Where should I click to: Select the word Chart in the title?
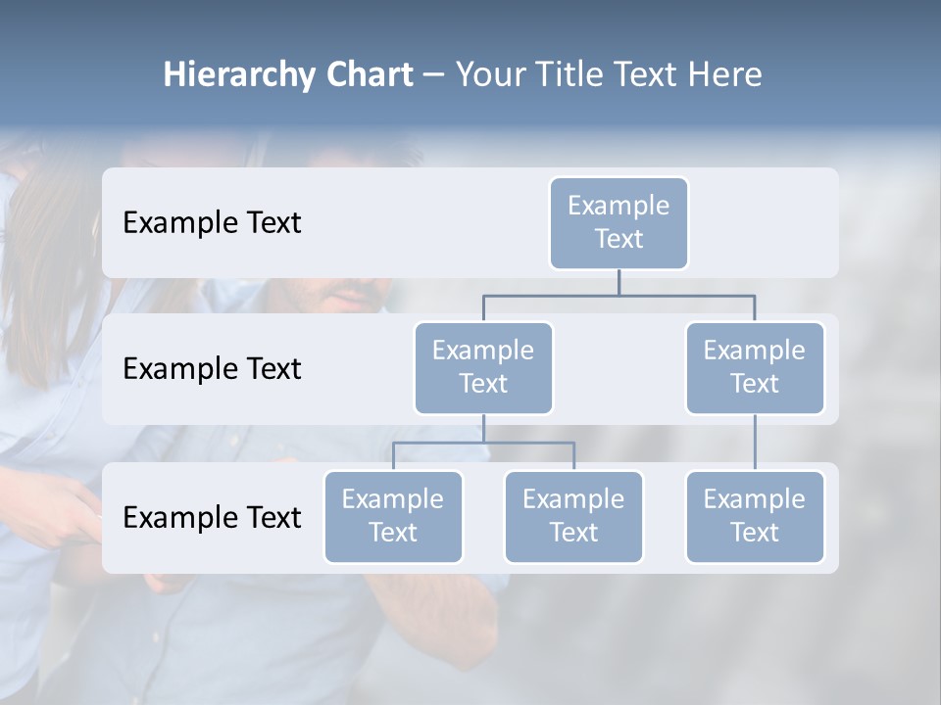click(x=369, y=75)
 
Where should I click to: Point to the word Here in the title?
click(x=725, y=75)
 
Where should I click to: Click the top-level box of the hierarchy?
click(x=619, y=222)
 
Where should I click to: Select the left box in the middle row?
click(x=483, y=367)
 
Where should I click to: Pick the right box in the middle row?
click(x=755, y=367)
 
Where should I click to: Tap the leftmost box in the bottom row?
click(x=393, y=516)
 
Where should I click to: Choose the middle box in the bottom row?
click(x=573, y=516)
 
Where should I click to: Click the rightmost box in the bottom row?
click(x=755, y=516)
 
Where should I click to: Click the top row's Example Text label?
click(x=212, y=223)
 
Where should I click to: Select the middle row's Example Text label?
click(x=212, y=369)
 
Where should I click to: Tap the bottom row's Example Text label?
click(x=212, y=517)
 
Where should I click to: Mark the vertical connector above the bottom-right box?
click(x=755, y=443)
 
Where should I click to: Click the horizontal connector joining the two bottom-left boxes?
click(x=483, y=443)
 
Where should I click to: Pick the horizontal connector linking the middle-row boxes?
click(x=619, y=295)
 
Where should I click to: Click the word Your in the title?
click(x=487, y=75)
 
